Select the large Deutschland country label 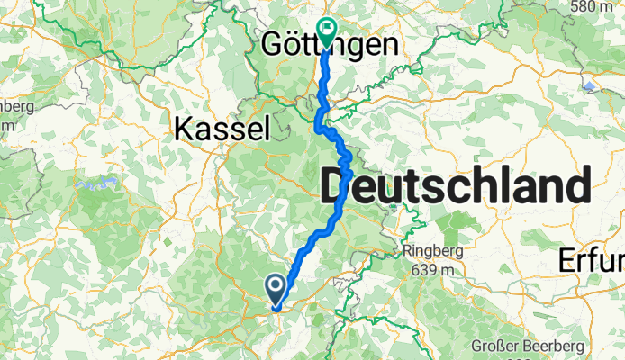click(455, 189)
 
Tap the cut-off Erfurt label click(591, 260)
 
